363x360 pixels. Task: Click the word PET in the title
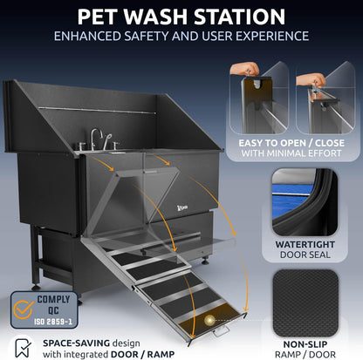(x=103, y=17)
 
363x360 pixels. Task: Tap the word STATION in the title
(x=241, y=17)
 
